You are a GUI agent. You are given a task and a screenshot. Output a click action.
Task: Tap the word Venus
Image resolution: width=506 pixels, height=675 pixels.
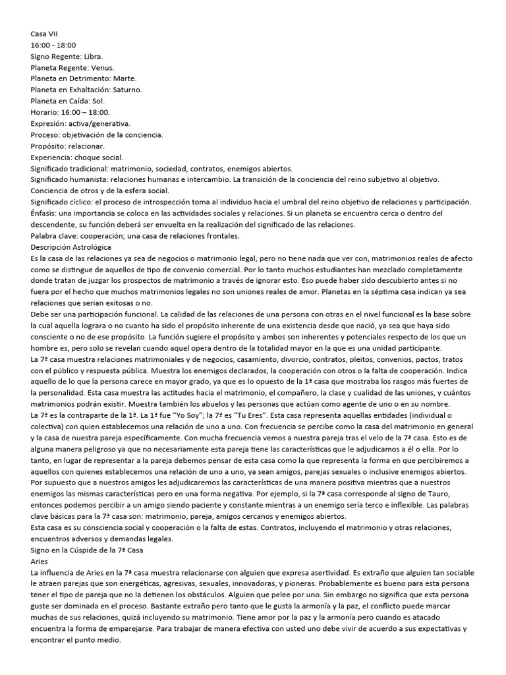tap(102, 67)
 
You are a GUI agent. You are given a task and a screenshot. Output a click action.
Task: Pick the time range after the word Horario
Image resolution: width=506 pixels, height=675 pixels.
tap(90, 112)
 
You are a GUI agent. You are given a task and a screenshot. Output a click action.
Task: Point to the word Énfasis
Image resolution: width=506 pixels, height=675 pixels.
tap(45, 213)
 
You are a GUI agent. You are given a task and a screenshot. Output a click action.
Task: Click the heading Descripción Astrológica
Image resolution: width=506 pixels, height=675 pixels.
tap(71, 247)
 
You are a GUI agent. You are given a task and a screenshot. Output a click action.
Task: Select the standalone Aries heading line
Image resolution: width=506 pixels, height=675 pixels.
tap(40, 560)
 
